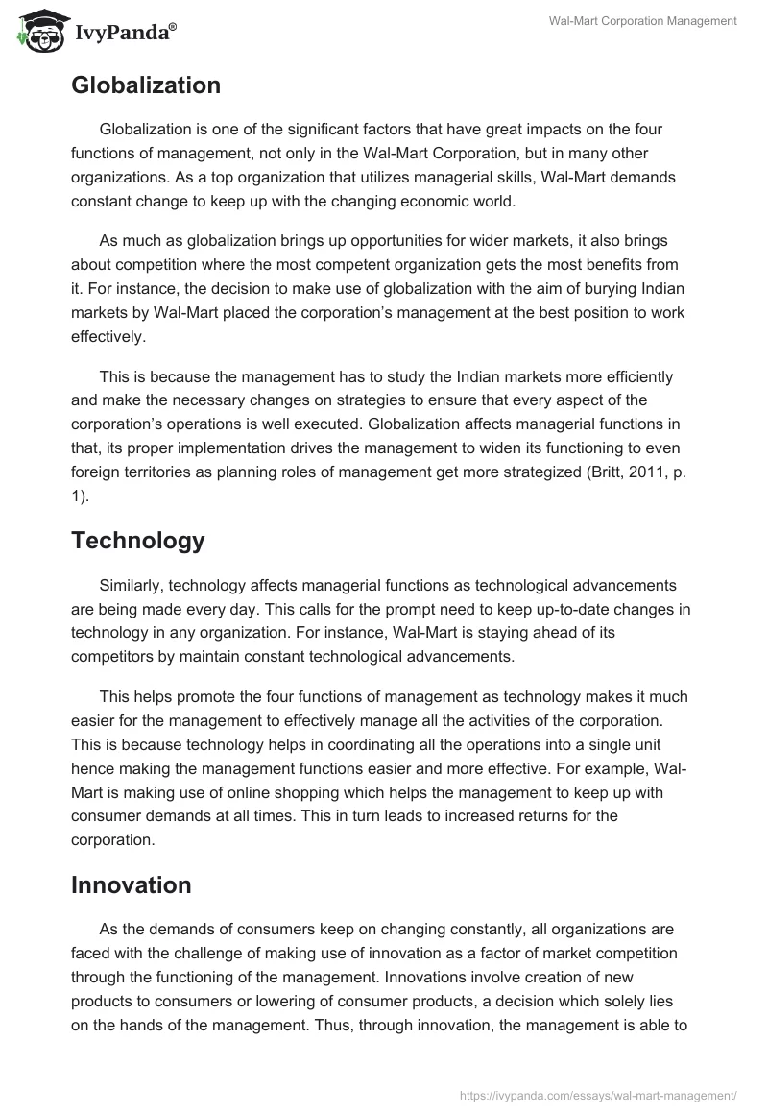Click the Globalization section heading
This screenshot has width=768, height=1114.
(x=146, y=85)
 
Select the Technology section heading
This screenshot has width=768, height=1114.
(x=137, y=541)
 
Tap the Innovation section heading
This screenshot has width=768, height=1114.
(x=131, y=885)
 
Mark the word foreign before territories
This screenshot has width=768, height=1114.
(x=100, y=473)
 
